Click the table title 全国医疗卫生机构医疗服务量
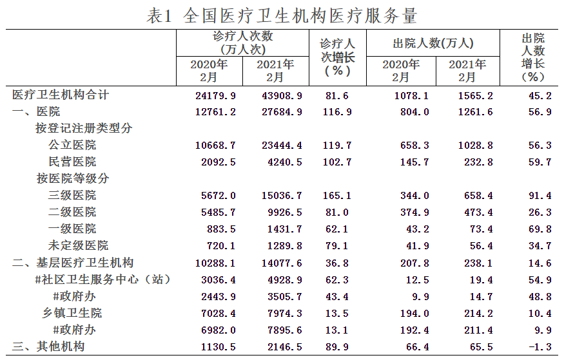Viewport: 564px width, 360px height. click(x=300, y=16)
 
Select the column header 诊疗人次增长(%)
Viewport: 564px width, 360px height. click(x=337, y=57)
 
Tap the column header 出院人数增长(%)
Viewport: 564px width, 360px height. click(x=532, y=57)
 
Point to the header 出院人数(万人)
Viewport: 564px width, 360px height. click(x=433, y=44)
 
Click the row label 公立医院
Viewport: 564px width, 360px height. click(x=72, y=145)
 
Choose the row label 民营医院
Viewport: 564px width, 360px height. click(x=72, y=162)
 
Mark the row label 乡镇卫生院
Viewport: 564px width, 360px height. click(x=72, y=313)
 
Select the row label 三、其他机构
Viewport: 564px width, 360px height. click(x=48, y=346)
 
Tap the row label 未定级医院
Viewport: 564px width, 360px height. click(x=78, y=245)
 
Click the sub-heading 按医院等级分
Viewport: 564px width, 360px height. click(x=73, y=178)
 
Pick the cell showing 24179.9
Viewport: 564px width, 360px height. click(x=215, y=95)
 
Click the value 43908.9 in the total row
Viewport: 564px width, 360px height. click(x=282, y=95)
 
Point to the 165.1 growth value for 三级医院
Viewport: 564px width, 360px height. click(x=337, y=195)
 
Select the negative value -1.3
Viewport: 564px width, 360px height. click(x=540, y=346)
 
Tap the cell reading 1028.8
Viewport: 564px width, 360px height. click(x=476, y=145)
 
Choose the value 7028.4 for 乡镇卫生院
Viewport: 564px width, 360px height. click(x=219, y=313)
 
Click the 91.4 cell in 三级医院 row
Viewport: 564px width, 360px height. click(x=540, y=195)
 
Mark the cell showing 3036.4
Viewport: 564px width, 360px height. click(x=219, y=280)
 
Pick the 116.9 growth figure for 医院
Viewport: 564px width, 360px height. click(x=337, y=112)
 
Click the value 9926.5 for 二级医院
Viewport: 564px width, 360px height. click(x=285, y=213)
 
